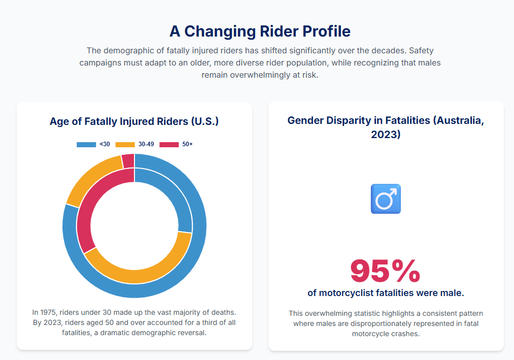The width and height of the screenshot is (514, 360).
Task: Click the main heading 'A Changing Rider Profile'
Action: point(260,31)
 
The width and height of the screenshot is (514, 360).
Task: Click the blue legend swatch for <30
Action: point(86,145)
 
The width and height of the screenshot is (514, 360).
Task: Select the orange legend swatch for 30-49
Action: point(125,145)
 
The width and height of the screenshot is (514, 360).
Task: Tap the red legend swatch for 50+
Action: point(169,145)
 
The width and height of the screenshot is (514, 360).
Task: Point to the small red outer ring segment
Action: point(128,161)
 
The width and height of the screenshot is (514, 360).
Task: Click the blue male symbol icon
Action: point(386,199)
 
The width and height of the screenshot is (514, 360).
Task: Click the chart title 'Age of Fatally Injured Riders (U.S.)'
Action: point(134,121)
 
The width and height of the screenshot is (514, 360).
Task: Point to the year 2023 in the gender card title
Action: point(386,135)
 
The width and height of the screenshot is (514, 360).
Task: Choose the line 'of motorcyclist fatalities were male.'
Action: point(386,293)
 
